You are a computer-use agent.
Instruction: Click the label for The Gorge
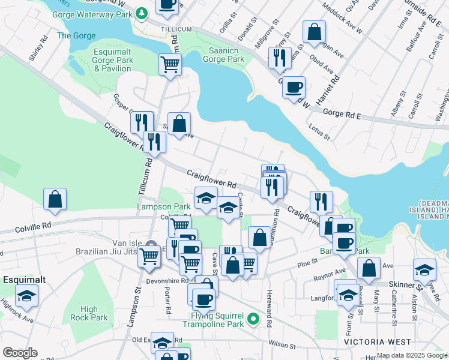point(76,36)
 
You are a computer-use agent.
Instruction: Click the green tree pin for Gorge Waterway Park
point(141,13)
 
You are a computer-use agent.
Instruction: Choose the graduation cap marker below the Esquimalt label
point(26,295)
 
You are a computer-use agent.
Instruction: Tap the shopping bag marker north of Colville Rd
point(55,199)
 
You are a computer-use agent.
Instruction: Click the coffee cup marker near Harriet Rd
point(294,86)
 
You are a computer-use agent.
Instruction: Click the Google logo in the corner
point(20,353)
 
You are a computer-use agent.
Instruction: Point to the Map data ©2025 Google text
point(412,356)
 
